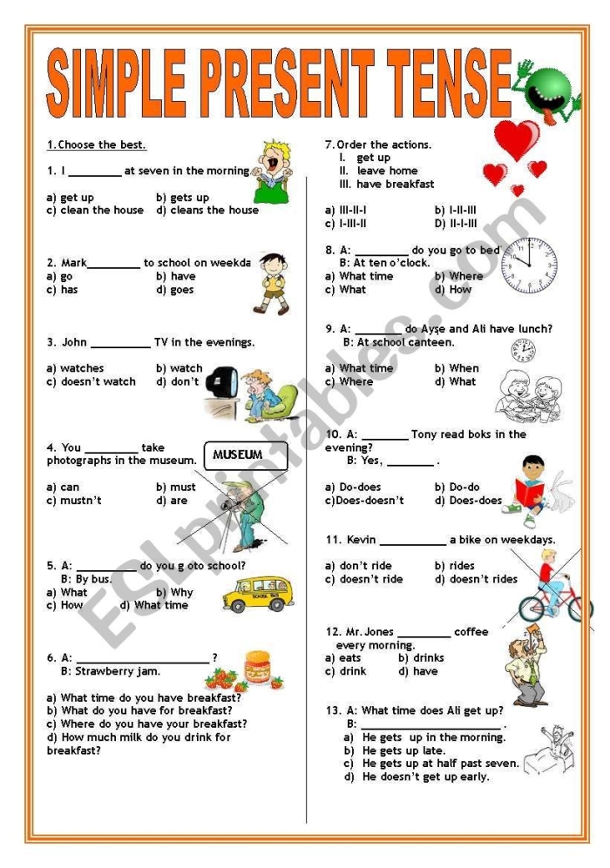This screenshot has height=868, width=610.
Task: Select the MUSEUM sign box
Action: (237, 454)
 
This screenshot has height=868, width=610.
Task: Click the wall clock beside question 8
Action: (528, 264)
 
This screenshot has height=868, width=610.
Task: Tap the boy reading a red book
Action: (531, 490)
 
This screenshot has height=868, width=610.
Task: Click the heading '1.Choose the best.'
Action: (96, 145)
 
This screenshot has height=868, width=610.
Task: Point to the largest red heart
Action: (517, 139)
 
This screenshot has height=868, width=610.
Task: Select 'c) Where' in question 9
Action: (349, 381)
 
